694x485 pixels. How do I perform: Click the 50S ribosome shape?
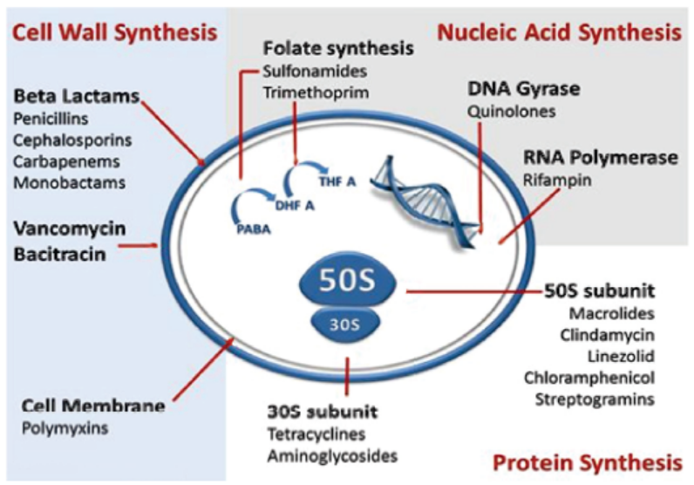point(348,279)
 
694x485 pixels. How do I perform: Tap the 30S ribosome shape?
point(345,324)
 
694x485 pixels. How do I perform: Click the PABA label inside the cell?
point(254,229)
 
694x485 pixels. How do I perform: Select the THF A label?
point(337,181)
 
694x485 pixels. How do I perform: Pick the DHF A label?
point(295,206)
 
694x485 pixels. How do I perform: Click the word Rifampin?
point(557,181)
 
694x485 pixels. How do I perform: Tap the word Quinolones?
point(512,111)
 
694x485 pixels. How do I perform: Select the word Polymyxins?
point(65,428)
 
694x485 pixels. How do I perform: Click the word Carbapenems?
point(66,161)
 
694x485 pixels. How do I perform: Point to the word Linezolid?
point(621,356)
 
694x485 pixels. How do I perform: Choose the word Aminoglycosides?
point(332,455)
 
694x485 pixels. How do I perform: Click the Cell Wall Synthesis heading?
point(115,32)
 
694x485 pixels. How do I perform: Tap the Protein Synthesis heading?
point(588,463)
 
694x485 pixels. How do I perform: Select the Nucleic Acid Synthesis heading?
point(560,32)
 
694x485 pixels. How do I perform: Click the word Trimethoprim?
point(316,92)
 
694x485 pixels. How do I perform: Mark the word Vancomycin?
point(70,229)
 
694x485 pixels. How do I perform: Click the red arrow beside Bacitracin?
point(139,245)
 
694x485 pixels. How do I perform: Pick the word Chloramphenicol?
point(589,378)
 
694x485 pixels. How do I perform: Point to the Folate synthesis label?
point(338,48)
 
